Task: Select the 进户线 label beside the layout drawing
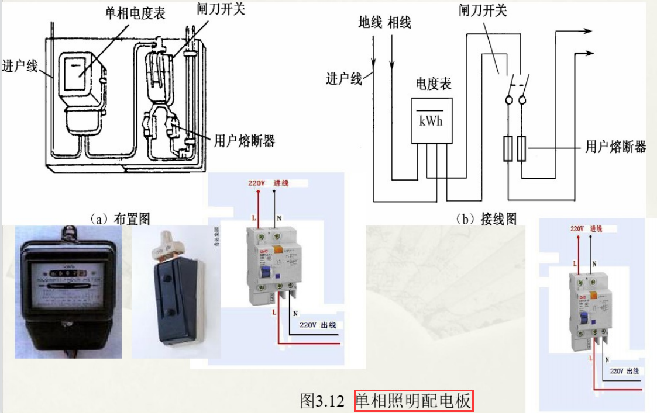click(20, 65)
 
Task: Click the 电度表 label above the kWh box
click(433, 84)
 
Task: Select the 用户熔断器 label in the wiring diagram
click(615, 147)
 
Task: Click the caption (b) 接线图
click(486, 219)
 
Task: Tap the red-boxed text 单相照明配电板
click(413, 401)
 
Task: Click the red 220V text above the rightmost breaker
click(577, 228)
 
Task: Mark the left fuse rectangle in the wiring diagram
click(508, 149)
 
